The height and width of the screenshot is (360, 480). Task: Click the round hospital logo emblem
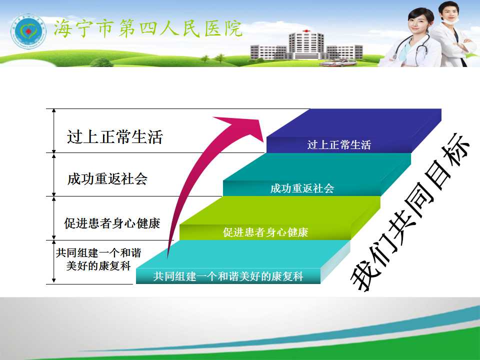click(28, 31)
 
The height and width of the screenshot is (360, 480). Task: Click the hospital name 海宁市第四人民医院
click(148, 29)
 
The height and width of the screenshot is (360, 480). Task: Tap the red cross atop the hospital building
click(306, 31)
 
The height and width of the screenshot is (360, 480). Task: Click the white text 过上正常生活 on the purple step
click(339, 145)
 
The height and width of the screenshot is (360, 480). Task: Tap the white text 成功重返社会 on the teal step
click(302, 188)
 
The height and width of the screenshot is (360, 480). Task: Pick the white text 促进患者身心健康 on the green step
click(265, 232)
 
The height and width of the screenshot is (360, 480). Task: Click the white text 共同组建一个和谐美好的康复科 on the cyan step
click(228, 276)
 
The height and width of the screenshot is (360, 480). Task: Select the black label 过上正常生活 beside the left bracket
click(115, 136)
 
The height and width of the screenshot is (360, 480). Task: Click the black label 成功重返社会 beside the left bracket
click(107, 179)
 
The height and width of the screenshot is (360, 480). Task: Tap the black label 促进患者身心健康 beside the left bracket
click(112, 223)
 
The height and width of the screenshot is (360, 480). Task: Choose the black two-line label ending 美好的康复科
click(98, 259)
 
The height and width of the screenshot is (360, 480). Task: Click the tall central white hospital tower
click(306, 45)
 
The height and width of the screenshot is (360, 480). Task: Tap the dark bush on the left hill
click(101, 62)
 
